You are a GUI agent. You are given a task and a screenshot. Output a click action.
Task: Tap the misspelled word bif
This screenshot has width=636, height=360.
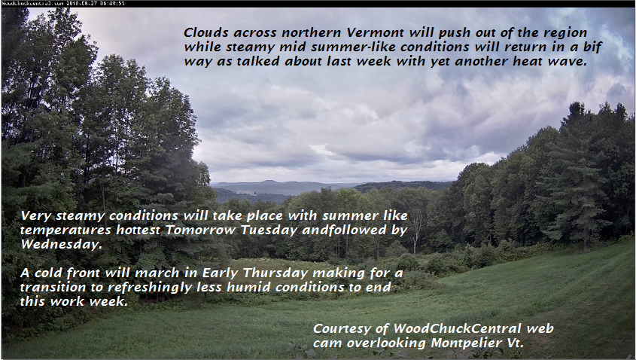click(592, 47)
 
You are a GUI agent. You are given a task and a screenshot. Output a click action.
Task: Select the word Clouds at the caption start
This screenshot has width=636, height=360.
click(206, 32)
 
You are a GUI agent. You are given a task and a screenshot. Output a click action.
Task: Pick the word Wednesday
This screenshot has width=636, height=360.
click(61, 244)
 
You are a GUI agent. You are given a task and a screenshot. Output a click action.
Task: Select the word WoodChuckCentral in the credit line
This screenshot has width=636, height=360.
click(458, 328)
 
